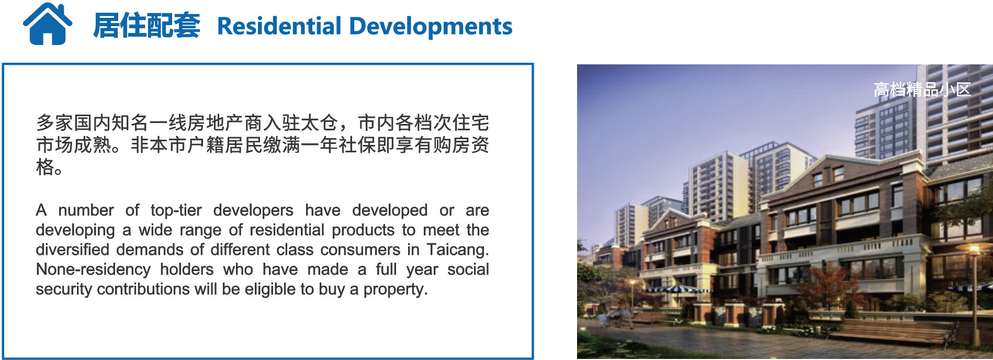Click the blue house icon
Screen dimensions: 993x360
[x=48, y=24]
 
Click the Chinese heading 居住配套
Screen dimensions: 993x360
[x=146, y=26]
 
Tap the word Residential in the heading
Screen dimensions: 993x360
[x=279, y=26]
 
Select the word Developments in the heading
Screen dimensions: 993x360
[x=431, y=27]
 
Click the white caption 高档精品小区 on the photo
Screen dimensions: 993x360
[x=922, y=89]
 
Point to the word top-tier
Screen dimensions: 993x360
[x=176, y=210]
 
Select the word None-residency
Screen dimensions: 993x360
[x=93, y=269]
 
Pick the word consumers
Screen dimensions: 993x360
[x=360, y=250]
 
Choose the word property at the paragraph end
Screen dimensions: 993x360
[x=396, y=289]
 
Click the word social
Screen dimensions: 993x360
[x=468, y=269]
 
